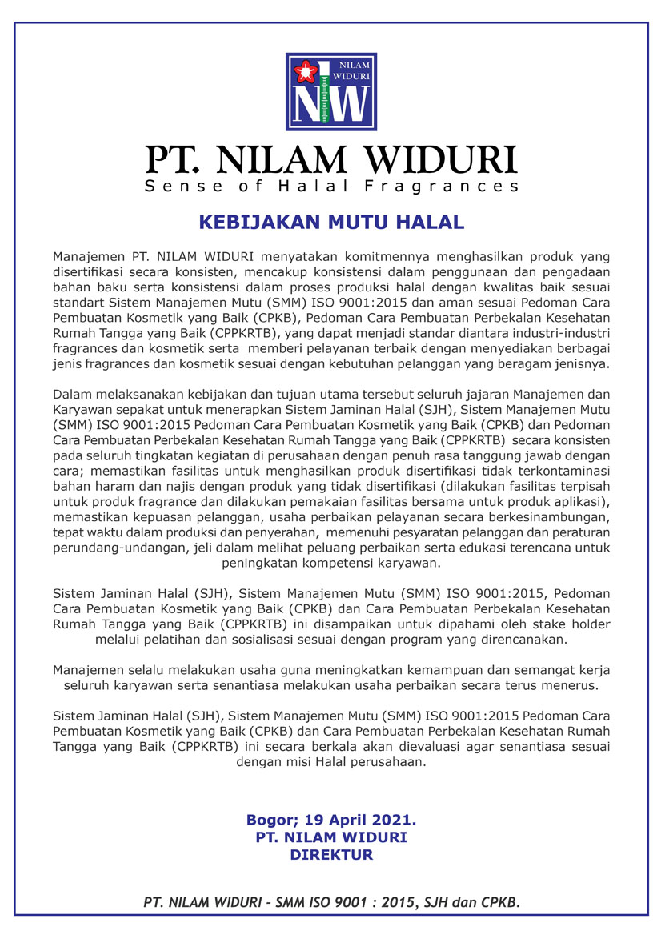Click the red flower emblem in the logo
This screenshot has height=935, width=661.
304,73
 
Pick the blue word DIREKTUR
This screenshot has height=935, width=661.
330,854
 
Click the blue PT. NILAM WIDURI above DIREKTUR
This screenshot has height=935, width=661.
330,837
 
